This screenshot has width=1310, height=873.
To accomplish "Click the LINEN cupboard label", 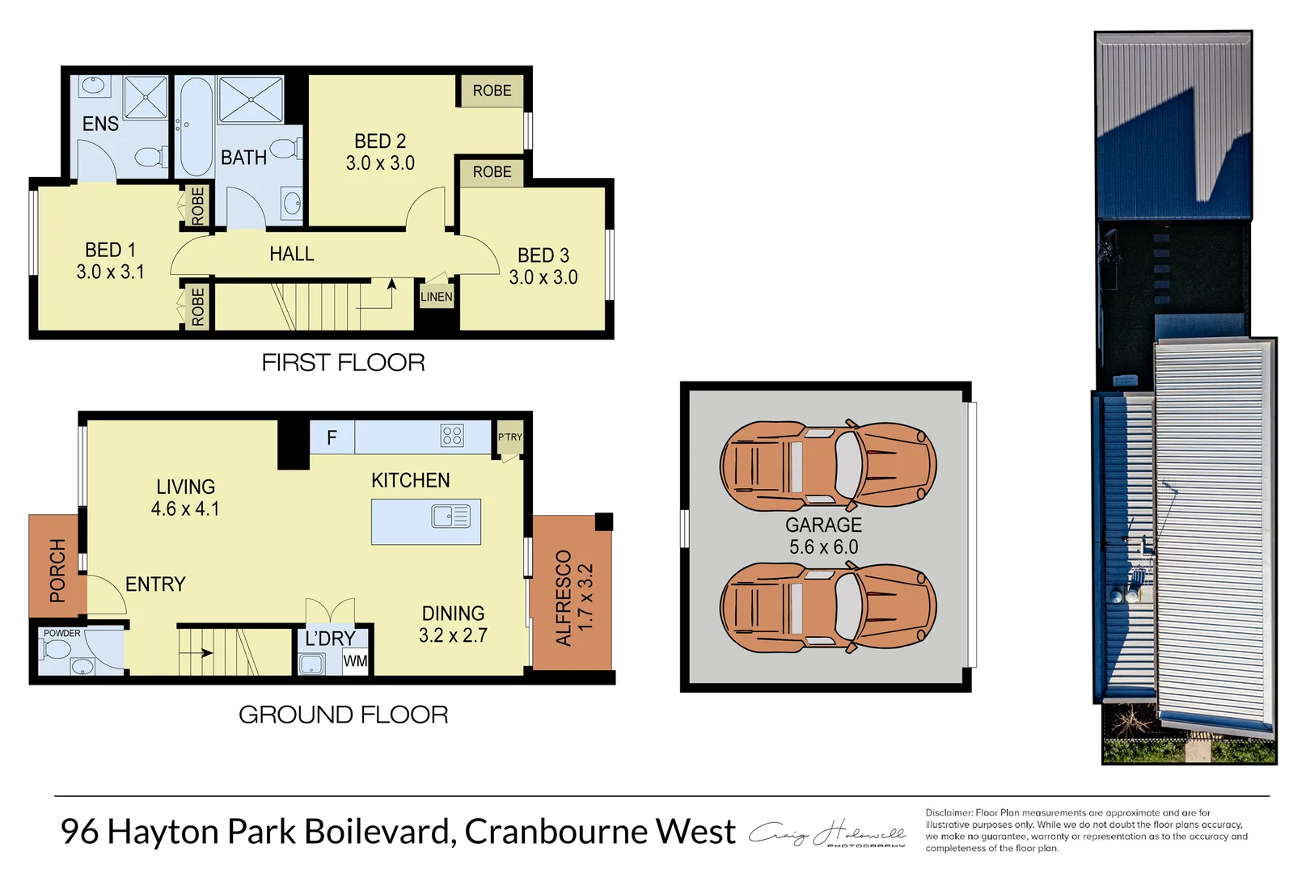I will (436, 297).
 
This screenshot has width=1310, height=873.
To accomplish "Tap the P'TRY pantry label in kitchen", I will (509, 437).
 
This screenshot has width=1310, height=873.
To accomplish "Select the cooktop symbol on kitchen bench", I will (452, 436).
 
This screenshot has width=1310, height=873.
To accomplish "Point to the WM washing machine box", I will (355, 660).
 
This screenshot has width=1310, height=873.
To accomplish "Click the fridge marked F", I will (332, 437).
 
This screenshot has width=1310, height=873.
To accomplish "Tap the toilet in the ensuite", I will (150, 156).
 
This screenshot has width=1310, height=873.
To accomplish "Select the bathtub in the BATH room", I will (195, 127).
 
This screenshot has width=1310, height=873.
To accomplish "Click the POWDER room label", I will (62, 633).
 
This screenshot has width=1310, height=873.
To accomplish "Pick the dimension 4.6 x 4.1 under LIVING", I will (185, 508).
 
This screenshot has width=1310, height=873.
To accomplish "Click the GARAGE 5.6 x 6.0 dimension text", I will (823, 546).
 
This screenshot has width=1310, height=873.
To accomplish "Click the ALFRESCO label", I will (564, 598).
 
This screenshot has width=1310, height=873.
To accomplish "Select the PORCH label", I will (57, 571).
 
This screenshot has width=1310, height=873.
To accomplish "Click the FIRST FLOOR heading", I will (343, 362).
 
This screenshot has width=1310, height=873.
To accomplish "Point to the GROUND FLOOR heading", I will (343, 715).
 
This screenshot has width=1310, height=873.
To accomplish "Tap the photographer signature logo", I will (826, 834).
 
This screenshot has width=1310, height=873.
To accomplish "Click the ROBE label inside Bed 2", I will (492, 91).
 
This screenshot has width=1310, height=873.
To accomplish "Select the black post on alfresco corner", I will (604, 521).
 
